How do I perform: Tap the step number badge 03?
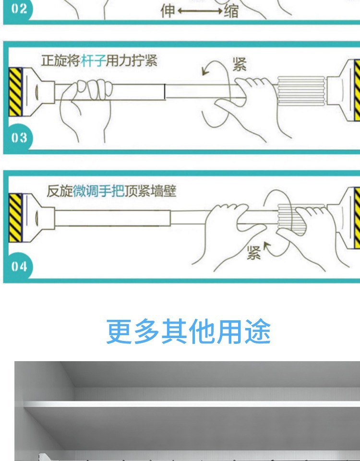18,138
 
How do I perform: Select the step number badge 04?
18,267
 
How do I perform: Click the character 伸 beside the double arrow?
168,11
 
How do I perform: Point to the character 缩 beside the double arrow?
231,11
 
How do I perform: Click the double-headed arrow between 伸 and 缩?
200,11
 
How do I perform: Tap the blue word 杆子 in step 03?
93,61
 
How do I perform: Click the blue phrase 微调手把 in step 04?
98,191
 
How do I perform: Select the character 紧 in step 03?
240,64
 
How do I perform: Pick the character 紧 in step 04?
253,253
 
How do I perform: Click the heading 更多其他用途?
188,331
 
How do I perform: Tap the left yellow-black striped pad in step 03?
15,92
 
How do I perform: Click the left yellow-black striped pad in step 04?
15,218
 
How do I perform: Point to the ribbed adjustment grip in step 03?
301,91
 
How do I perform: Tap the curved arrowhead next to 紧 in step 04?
267,246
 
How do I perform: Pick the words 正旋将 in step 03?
60,61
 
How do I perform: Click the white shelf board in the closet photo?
192,404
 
